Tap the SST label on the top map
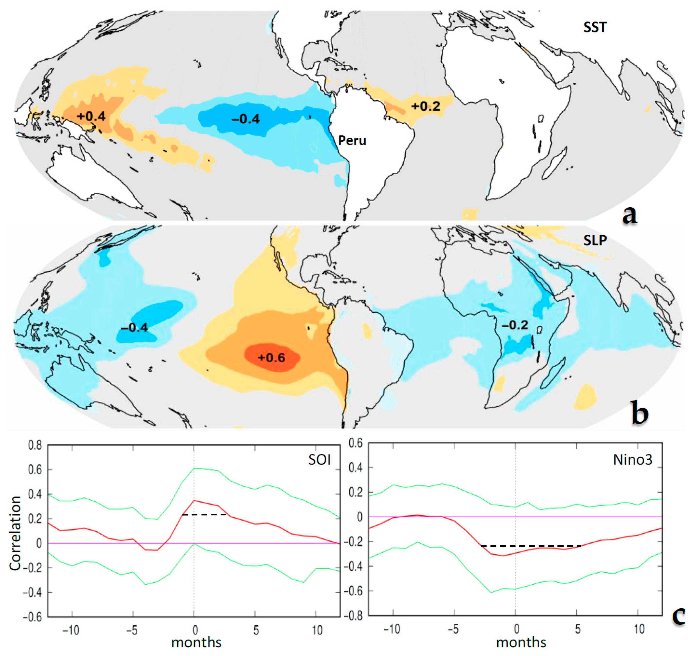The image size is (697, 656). pyautogui.click(x=595, y=28)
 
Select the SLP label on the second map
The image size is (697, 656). pyautogui.click(x=595, y=241)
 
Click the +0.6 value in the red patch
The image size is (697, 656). pyautogui.click(x=271, y=358)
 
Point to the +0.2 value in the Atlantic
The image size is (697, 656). pyautogui.click(x=426, y=106)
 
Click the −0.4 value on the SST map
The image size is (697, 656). pyautogui.click(x=245, y=119)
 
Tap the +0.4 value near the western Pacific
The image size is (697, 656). pyautogui.click(x=91, y=116)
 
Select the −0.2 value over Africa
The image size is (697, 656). pyautogui.click(x=515, y=325)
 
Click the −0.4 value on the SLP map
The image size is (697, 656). pyautogui.click(x=134, y=328)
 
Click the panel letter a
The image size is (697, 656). pyautogui.click(x=630, y=215)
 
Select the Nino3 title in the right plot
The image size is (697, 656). pyautogui.click(x=633, y=460)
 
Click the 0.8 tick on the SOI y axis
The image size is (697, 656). pyautogui.click(x=35, y=446)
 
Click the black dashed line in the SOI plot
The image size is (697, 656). pyautogui.click(x=205, y=515)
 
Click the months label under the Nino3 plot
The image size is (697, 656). pyautogui.click(x=521, y=642)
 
